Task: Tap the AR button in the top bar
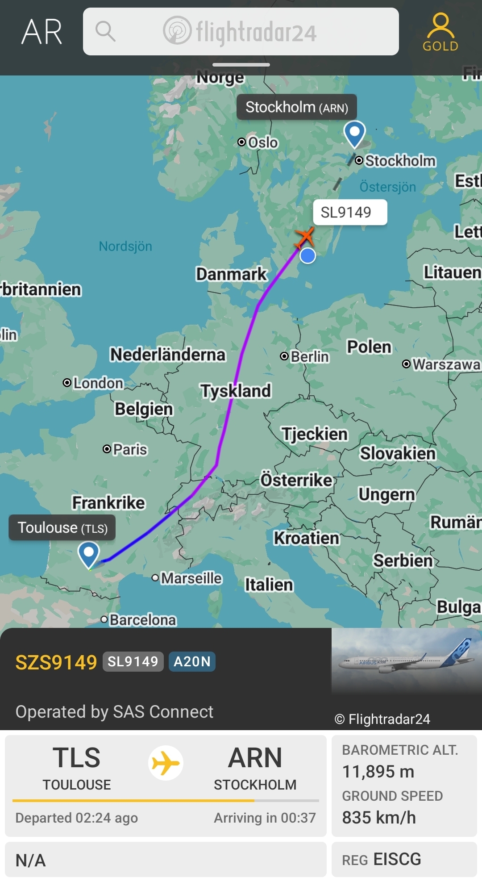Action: (x=42, y=32)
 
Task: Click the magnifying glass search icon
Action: (x=105, y=31)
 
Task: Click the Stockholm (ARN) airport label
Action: (x=296, y=107)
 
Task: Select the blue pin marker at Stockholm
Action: (x=355, y=133)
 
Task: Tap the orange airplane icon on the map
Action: (x=305, y=236)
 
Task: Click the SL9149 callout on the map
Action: (x=346, y=212)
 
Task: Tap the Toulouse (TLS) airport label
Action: (x=62, y=528)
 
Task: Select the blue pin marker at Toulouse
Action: (x=88, y=554)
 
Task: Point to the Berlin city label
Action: (x=310, y=356)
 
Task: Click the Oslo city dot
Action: (x=241, y=142)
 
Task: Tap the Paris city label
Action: (x=130, y=449)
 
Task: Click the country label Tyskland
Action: (x=236, y=391)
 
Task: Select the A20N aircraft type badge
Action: (x=192, y=661)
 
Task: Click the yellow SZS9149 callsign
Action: (x=56, y=662)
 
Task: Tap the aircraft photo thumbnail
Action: (x=406, y=661)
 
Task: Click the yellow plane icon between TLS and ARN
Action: (x=166, y=763)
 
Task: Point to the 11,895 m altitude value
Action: (x=378, y=771)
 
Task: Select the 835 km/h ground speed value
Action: (x=379, y=817)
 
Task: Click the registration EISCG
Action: (x=397, y=859)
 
